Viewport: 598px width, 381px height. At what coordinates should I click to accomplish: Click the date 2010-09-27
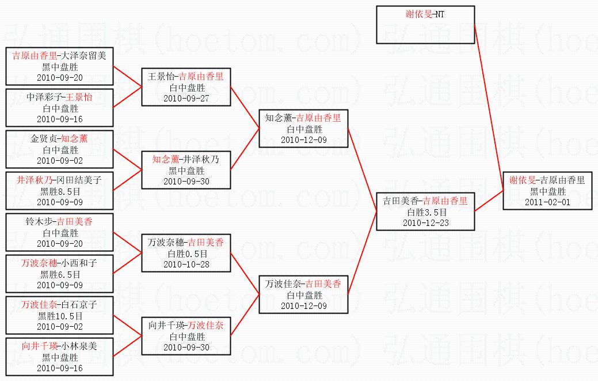[186, 98]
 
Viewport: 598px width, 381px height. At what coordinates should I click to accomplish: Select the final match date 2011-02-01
[547, 202]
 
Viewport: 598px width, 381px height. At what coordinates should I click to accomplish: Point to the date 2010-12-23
[425, 222]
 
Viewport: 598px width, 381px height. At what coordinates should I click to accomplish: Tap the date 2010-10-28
[186, 264]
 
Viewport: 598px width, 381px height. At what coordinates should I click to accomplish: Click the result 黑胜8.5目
[60, 191]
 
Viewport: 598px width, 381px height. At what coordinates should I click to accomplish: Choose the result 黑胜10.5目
[60, 316]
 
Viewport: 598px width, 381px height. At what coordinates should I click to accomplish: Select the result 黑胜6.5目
[60, 274]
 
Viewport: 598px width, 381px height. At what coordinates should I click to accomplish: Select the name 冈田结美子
[79, 180]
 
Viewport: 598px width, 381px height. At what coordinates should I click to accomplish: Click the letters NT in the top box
[440, 14]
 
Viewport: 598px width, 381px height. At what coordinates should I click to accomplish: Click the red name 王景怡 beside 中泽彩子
[79, 97]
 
